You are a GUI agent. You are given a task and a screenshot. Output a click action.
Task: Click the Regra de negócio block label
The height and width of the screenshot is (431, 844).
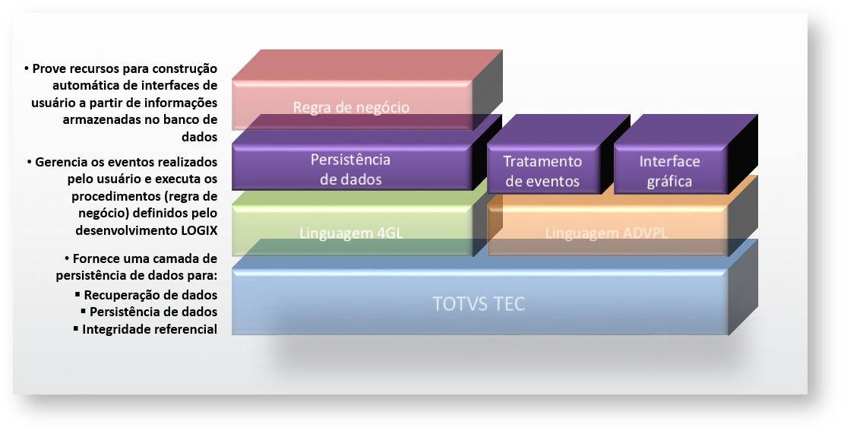(x=351, y=107)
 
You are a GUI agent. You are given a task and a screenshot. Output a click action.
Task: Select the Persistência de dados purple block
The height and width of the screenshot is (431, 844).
(x=350, y=170)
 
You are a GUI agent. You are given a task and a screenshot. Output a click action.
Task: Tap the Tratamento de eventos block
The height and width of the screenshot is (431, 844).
(x=542, y=171)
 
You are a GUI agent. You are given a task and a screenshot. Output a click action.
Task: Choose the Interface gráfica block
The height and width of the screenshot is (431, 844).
(x=669, y=171)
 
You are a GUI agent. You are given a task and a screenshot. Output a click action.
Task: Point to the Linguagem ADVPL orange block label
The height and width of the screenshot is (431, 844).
(x=606, y=233)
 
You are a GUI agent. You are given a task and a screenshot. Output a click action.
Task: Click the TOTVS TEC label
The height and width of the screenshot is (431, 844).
(x=479, y=304)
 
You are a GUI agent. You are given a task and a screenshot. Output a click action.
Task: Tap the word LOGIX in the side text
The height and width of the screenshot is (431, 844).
(x=197, y=229)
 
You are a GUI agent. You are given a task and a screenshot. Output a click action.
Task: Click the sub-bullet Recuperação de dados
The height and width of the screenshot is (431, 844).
(x=150, y=295)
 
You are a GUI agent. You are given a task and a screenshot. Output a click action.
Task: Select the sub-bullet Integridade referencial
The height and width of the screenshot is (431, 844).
(x=150, y=329)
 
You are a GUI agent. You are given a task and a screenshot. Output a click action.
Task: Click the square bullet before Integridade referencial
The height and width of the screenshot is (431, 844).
(x=76, y=328)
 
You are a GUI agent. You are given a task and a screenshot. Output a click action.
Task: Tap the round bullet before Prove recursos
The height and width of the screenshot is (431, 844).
(x=27, y=69)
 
